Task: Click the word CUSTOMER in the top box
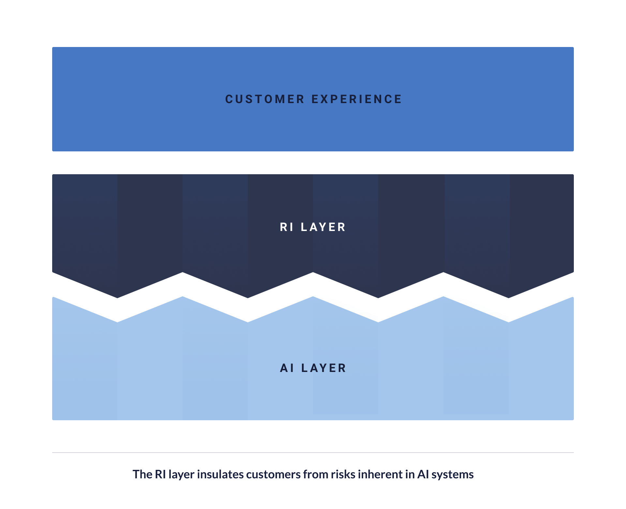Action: [265, 99]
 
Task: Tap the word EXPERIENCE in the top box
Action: [357, 99]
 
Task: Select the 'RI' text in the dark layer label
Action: [287, 227]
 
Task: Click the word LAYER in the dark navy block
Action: [323, 227]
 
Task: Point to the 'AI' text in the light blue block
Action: [287, 368]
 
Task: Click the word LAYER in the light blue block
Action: [323, 368]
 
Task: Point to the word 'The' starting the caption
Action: [142, 474]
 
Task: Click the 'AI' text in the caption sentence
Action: [423, 474]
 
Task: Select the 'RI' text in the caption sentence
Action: [160, 474]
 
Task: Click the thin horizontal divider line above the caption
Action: [313, 453]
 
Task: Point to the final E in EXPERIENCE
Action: [398, 99]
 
